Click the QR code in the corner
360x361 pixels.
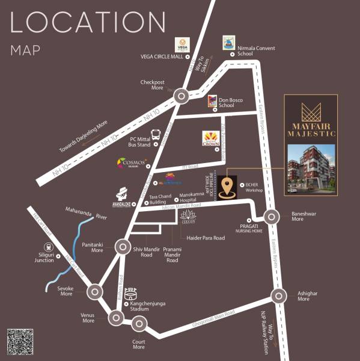pos(20,342)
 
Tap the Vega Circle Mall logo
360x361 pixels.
pos(182,45)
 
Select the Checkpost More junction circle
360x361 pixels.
pos(181,96)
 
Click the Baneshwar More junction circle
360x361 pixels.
pos(272,217)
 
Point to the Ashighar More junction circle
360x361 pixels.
pos(278,296)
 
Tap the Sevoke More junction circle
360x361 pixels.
pos(94,293)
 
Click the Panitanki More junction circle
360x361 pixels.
pos(122,247)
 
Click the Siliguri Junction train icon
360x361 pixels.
pos(47,247)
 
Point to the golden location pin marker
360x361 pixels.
pos(227,187)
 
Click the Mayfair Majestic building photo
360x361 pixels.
pos(311,166)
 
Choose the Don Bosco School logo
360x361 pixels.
pos(212,101)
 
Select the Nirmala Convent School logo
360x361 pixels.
pos(229,42)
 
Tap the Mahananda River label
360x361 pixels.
pos(84,214)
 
